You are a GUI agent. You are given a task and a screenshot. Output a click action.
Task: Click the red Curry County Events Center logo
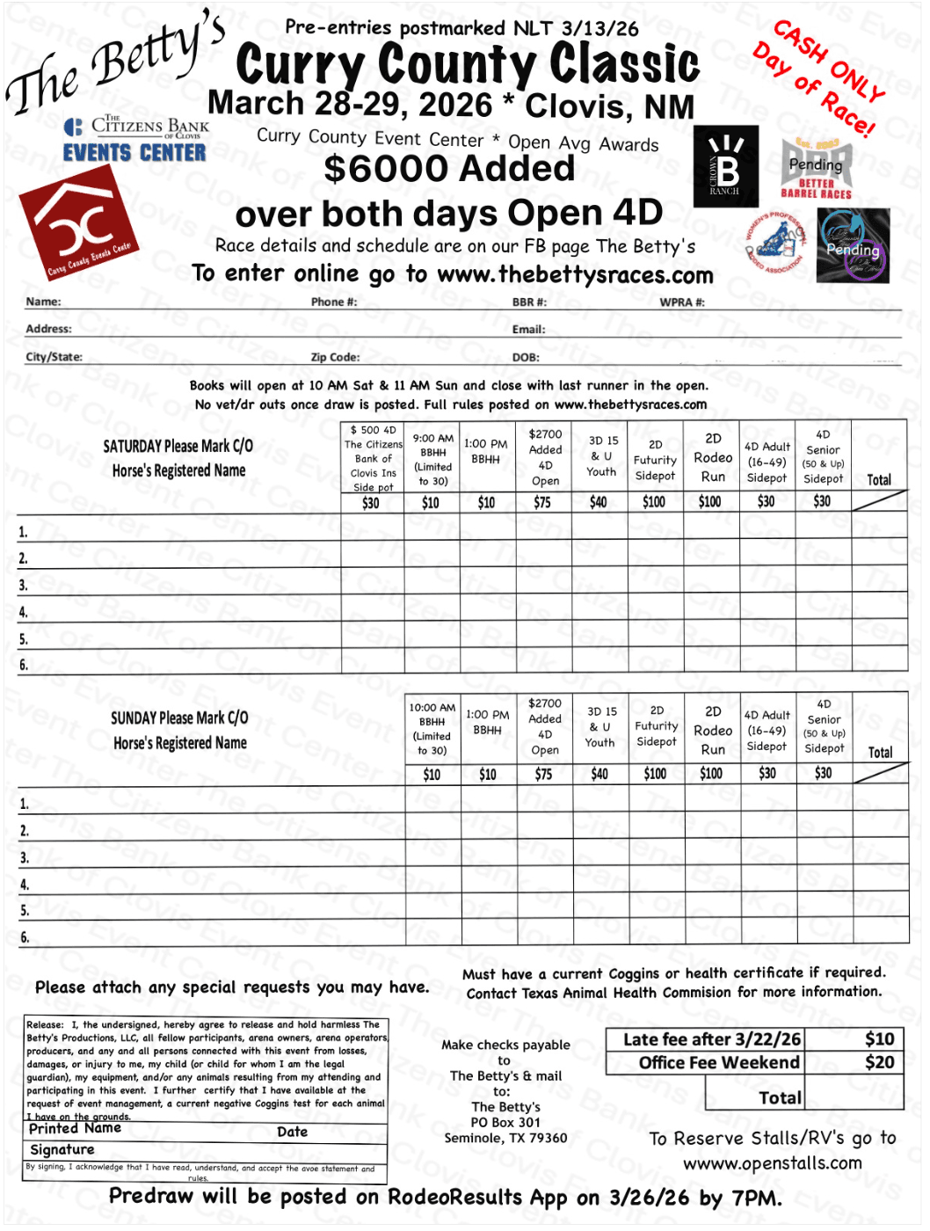pyautogui.click(x=79, y=223)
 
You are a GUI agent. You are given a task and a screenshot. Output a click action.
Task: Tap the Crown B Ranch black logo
pyautogui.click(x=725, y=167)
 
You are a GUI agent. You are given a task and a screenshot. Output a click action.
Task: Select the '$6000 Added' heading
pyautogui.click(x=449, y=169)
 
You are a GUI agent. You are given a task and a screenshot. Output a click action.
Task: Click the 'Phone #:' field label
pyautogui.click(x=334, y=302)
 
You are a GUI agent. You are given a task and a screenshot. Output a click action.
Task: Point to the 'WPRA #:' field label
pyautogui.click(x=682, y=302)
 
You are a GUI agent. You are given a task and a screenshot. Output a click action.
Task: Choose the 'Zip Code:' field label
pyautogui.click(x=335, y=357)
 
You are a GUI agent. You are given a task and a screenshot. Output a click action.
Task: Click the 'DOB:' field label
pyautogui.click(x=526, y=357)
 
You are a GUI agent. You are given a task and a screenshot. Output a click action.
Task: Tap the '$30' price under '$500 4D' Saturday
pyautogui.click(x=371, y=503)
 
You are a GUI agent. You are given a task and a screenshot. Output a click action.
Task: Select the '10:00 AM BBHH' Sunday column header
pyautogui.click(x=432, y=729)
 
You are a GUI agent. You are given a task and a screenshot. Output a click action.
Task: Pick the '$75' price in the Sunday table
pyautogui.click(x=544, y=774)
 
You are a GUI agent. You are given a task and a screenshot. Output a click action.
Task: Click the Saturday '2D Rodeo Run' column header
pyautogui.click(x=713, y=457)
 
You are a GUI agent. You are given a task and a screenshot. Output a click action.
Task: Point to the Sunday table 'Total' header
pyautogui.click(x=880, y=752)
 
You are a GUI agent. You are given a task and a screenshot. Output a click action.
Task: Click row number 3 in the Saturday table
pyautogui.click(x=24, y=586)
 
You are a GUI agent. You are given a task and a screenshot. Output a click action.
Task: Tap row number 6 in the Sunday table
pyautogui.click(x=25, y=937)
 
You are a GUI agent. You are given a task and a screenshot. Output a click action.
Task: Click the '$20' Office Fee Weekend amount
pyautogui.click(x=879, y=1062)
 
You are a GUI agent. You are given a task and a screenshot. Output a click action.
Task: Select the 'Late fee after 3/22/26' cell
pyautogui.click(x=711, y=1039)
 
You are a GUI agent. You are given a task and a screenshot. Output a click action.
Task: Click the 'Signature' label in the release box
pyautogui.click(x=62, y=1149)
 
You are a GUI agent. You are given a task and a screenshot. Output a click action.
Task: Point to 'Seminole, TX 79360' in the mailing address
pyautogui.click(x=505, y=1138)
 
